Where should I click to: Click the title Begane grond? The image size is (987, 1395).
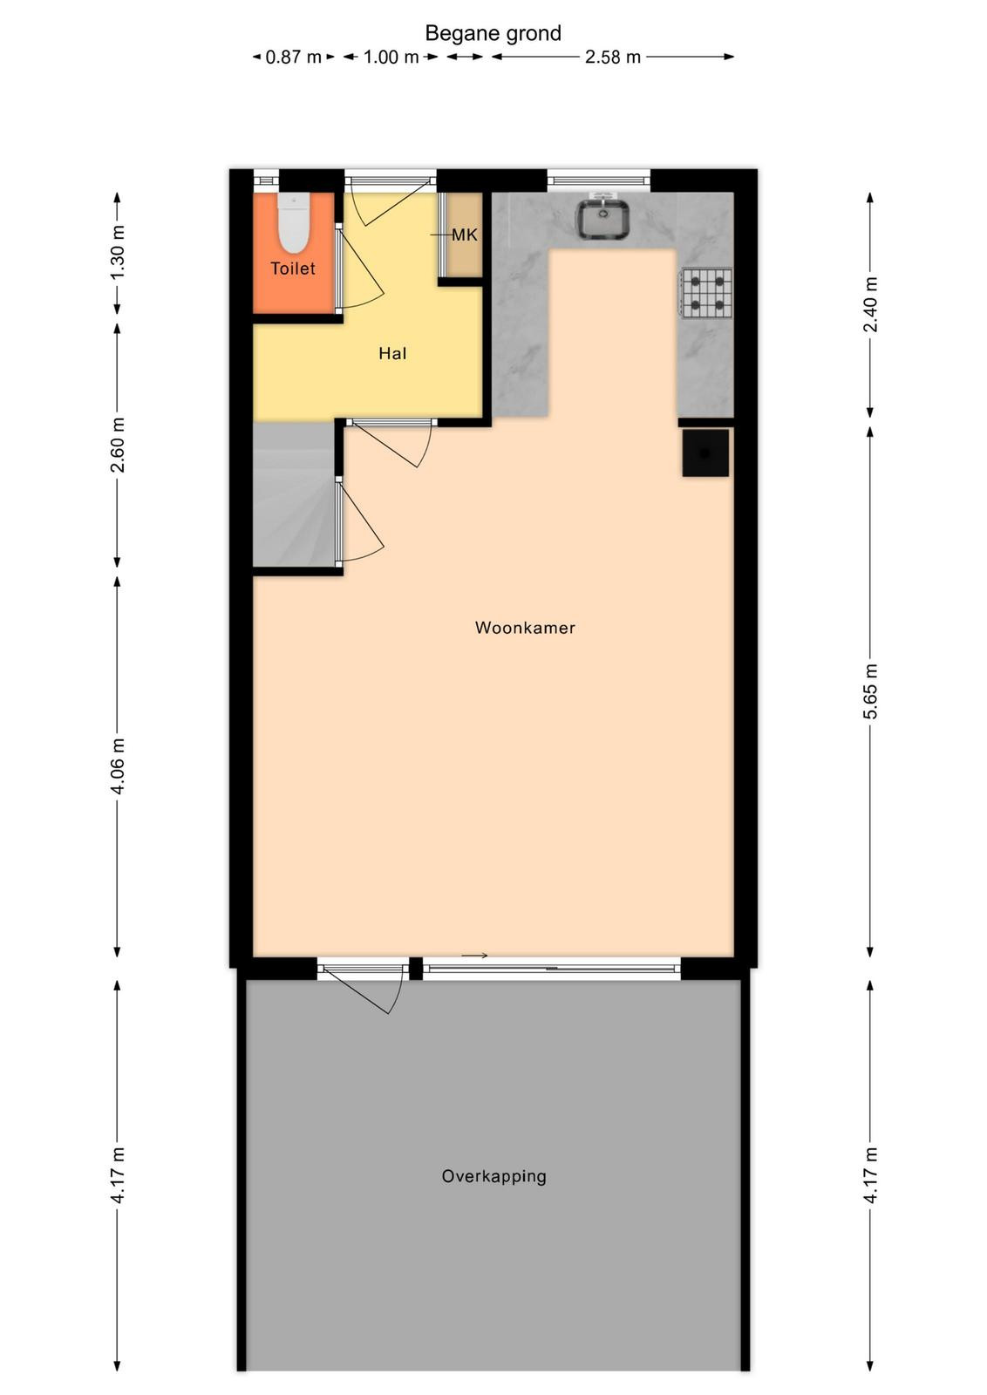493,34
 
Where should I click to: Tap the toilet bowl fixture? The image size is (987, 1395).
293,221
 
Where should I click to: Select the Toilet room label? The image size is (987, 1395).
293,269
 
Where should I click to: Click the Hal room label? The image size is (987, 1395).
392,354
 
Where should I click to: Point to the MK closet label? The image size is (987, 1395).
465,235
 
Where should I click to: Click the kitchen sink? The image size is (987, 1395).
602,219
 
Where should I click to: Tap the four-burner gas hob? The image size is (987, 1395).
707,293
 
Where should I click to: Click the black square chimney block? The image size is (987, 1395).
705,453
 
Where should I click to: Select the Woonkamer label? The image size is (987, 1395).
525,628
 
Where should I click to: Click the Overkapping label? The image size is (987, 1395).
493,1177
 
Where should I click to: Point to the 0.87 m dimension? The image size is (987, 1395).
293,58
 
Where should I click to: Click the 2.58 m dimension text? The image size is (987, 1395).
613,58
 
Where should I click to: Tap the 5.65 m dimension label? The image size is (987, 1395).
870,691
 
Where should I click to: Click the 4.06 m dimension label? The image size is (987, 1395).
118,766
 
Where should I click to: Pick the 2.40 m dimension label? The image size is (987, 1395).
870,304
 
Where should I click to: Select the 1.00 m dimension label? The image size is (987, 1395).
391,58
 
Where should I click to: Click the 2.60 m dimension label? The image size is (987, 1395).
118,446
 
